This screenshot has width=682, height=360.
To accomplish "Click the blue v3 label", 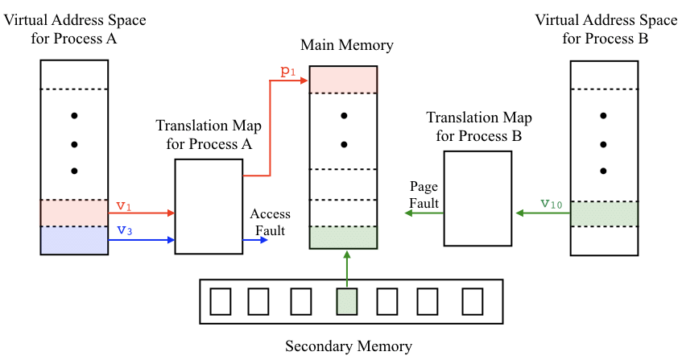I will point(123,230).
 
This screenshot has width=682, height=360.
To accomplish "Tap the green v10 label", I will point(551,204).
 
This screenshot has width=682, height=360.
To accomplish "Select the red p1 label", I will point(287,72).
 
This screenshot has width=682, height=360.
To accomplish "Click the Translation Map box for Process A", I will point(209,206).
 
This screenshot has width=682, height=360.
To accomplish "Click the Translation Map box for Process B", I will point(477,198).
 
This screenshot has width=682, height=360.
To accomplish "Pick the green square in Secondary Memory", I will point(346,301).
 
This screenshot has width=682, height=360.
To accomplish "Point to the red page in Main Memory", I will point(344,79).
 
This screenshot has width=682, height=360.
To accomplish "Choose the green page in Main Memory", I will point(344,238).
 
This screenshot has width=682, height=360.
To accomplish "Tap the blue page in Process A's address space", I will point(74,240).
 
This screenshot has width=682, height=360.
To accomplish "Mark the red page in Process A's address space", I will point(74,213).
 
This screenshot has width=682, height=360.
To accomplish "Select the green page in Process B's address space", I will point(604,213).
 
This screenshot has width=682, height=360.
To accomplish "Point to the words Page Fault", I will point(424,195).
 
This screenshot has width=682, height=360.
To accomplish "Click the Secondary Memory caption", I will point(349,347).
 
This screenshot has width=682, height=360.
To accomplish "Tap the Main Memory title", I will point(346,45).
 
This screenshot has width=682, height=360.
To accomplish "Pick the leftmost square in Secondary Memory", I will point(221,301).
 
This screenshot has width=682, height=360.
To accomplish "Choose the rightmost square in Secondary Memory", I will point(472,301).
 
